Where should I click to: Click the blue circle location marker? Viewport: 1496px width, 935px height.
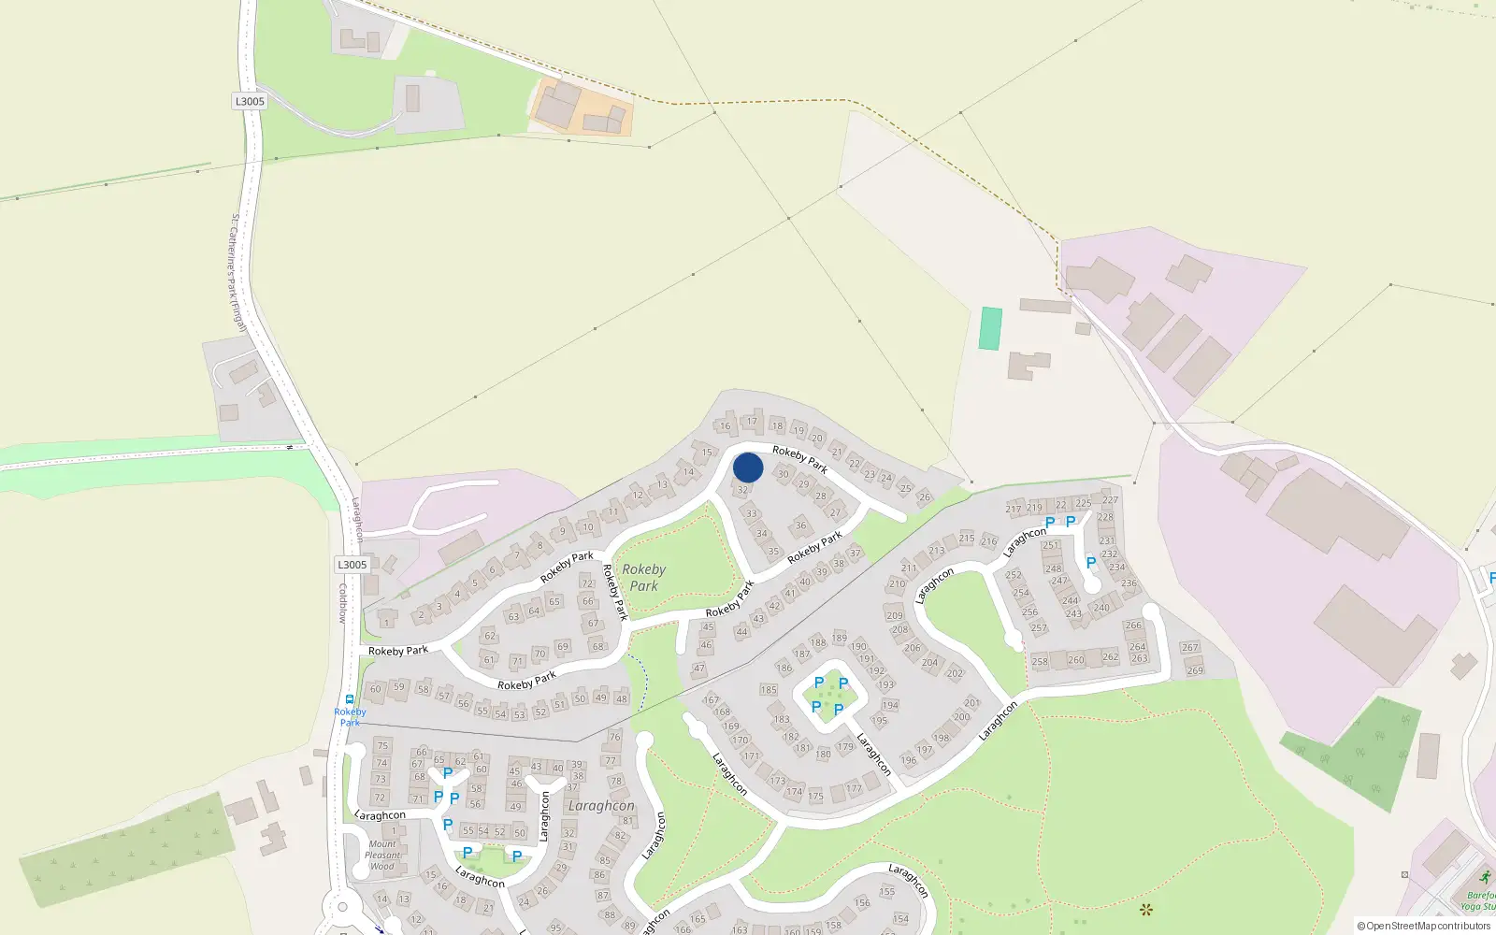coord(748,467)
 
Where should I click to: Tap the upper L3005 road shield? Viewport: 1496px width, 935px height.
coord(250,101)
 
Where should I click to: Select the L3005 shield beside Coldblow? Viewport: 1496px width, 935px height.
coord(352,565)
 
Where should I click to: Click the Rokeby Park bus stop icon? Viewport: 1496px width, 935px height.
coord(350,699)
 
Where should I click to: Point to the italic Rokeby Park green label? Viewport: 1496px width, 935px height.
coord(643,577)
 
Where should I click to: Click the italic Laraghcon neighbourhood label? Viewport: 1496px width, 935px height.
coord(601,805)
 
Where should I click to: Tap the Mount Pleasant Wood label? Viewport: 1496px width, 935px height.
coord(381,855)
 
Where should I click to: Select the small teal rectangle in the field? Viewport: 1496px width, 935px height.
coord(990,328)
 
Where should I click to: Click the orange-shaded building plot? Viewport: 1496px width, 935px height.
coord(581,108)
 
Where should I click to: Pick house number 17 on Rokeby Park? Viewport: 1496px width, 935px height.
coord(752,422)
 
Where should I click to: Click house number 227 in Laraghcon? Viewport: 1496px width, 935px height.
coord(1110,500)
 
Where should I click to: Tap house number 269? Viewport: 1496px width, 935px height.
coord(1195,670)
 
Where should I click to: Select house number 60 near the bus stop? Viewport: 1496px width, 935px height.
coord(376,689)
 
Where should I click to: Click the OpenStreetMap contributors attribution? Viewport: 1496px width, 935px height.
coord(1424,926)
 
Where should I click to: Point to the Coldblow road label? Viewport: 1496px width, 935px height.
coord(343,603)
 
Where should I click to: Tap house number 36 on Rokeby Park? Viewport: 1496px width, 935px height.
coord(800,525)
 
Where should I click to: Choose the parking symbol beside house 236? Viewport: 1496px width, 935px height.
coord(1090,563)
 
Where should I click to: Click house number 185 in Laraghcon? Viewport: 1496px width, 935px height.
coord(769,690)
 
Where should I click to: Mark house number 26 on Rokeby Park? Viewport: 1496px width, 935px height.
coord(924,496)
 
